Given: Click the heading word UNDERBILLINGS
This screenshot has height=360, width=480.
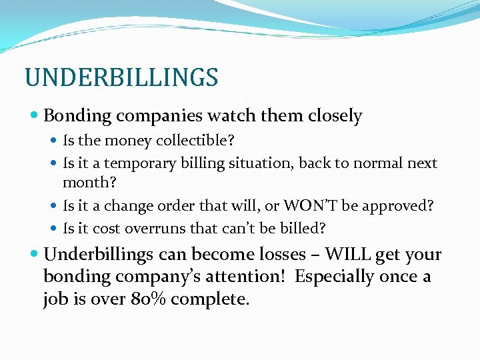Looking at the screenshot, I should point(121,77).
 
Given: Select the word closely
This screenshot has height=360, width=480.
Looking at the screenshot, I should point(335,116).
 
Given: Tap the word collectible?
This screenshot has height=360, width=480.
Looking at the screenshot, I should point(197,141).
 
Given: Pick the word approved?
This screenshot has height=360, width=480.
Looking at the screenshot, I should point(397,206).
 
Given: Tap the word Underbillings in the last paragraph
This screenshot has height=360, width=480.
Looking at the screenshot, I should point(99,255).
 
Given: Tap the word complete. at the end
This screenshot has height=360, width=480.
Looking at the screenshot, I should point(210,299).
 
